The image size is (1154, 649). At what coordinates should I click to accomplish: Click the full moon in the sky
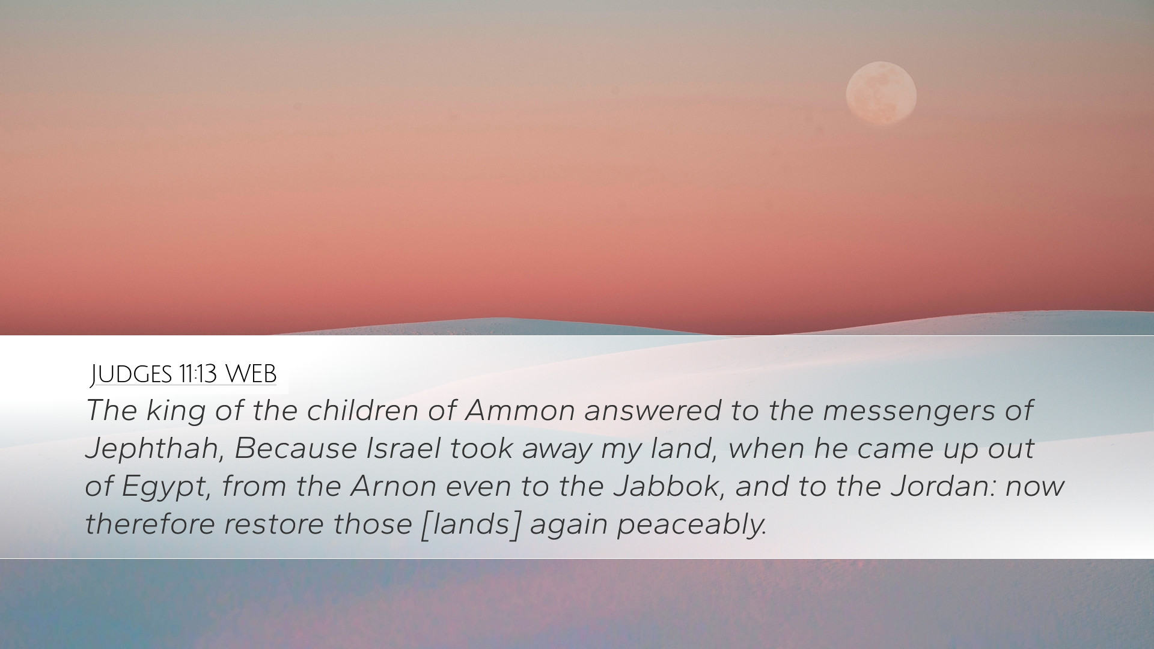point(881,94)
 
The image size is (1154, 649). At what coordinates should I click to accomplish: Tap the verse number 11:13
point(197,374)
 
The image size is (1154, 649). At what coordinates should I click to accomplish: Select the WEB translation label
point(251,374)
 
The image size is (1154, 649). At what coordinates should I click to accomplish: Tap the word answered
point(652,411)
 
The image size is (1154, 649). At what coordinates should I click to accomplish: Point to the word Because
point(296,448)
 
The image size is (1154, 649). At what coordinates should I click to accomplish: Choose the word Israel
point(403,448)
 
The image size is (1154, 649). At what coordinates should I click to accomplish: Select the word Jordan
point(945,486)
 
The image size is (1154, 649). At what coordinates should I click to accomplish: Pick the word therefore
point(150,523)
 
